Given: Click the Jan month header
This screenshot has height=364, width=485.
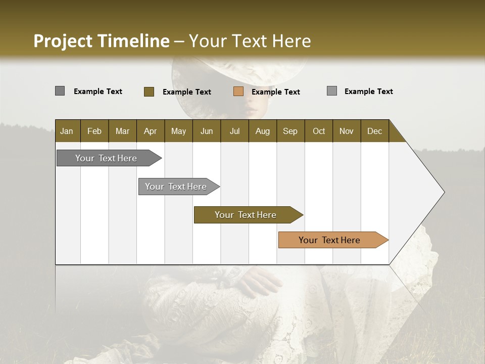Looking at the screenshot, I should coord(67,131).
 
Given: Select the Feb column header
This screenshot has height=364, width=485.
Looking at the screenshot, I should coord(94,131).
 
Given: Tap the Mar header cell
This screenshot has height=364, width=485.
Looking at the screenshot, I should coord(122,131).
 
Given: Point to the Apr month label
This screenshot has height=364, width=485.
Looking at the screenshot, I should coord(150,131).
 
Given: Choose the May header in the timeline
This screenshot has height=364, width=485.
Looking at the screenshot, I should coord(178,131).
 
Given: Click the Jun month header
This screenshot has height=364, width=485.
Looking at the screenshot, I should coord(207,131).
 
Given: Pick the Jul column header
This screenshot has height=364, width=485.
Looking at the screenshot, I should coord(234,131).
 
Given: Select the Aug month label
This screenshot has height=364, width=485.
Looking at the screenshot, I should coord(262,131).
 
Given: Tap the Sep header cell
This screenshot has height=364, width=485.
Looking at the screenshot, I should coord(290,131).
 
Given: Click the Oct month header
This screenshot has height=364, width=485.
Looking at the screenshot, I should coord(319,131).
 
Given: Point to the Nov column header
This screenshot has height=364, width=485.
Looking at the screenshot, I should coord(347,131).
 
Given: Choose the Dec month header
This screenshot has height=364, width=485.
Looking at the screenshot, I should coord(374,131).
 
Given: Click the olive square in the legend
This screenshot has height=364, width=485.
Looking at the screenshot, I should coord(149,92).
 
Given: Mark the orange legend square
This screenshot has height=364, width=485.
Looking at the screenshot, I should coord(238,92).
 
